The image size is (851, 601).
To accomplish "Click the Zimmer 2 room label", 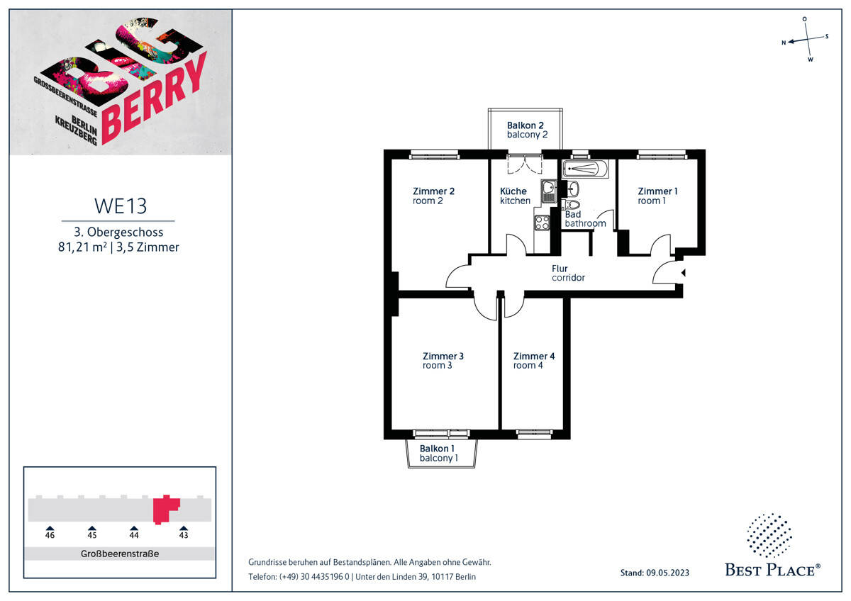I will [x=433, y=196].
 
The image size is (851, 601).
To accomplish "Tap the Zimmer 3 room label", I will [x=443, y=361].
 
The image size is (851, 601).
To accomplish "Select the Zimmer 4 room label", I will [x=533, y=361].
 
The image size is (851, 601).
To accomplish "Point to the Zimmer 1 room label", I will [x=657, y=196].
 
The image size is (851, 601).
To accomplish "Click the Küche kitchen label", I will [x=514, y=196].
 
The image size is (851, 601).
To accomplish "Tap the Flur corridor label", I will [x=568, y=273].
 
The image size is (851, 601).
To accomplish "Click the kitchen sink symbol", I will [x=549, y=192].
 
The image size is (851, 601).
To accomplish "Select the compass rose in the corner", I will [x=806, y=40].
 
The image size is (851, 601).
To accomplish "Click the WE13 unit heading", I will [x=120, y=206].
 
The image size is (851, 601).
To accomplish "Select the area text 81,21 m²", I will [x=82, y=247].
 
